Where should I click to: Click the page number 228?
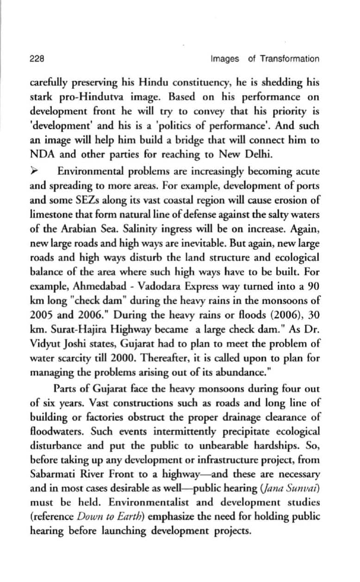37,59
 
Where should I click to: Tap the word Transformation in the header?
290,59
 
